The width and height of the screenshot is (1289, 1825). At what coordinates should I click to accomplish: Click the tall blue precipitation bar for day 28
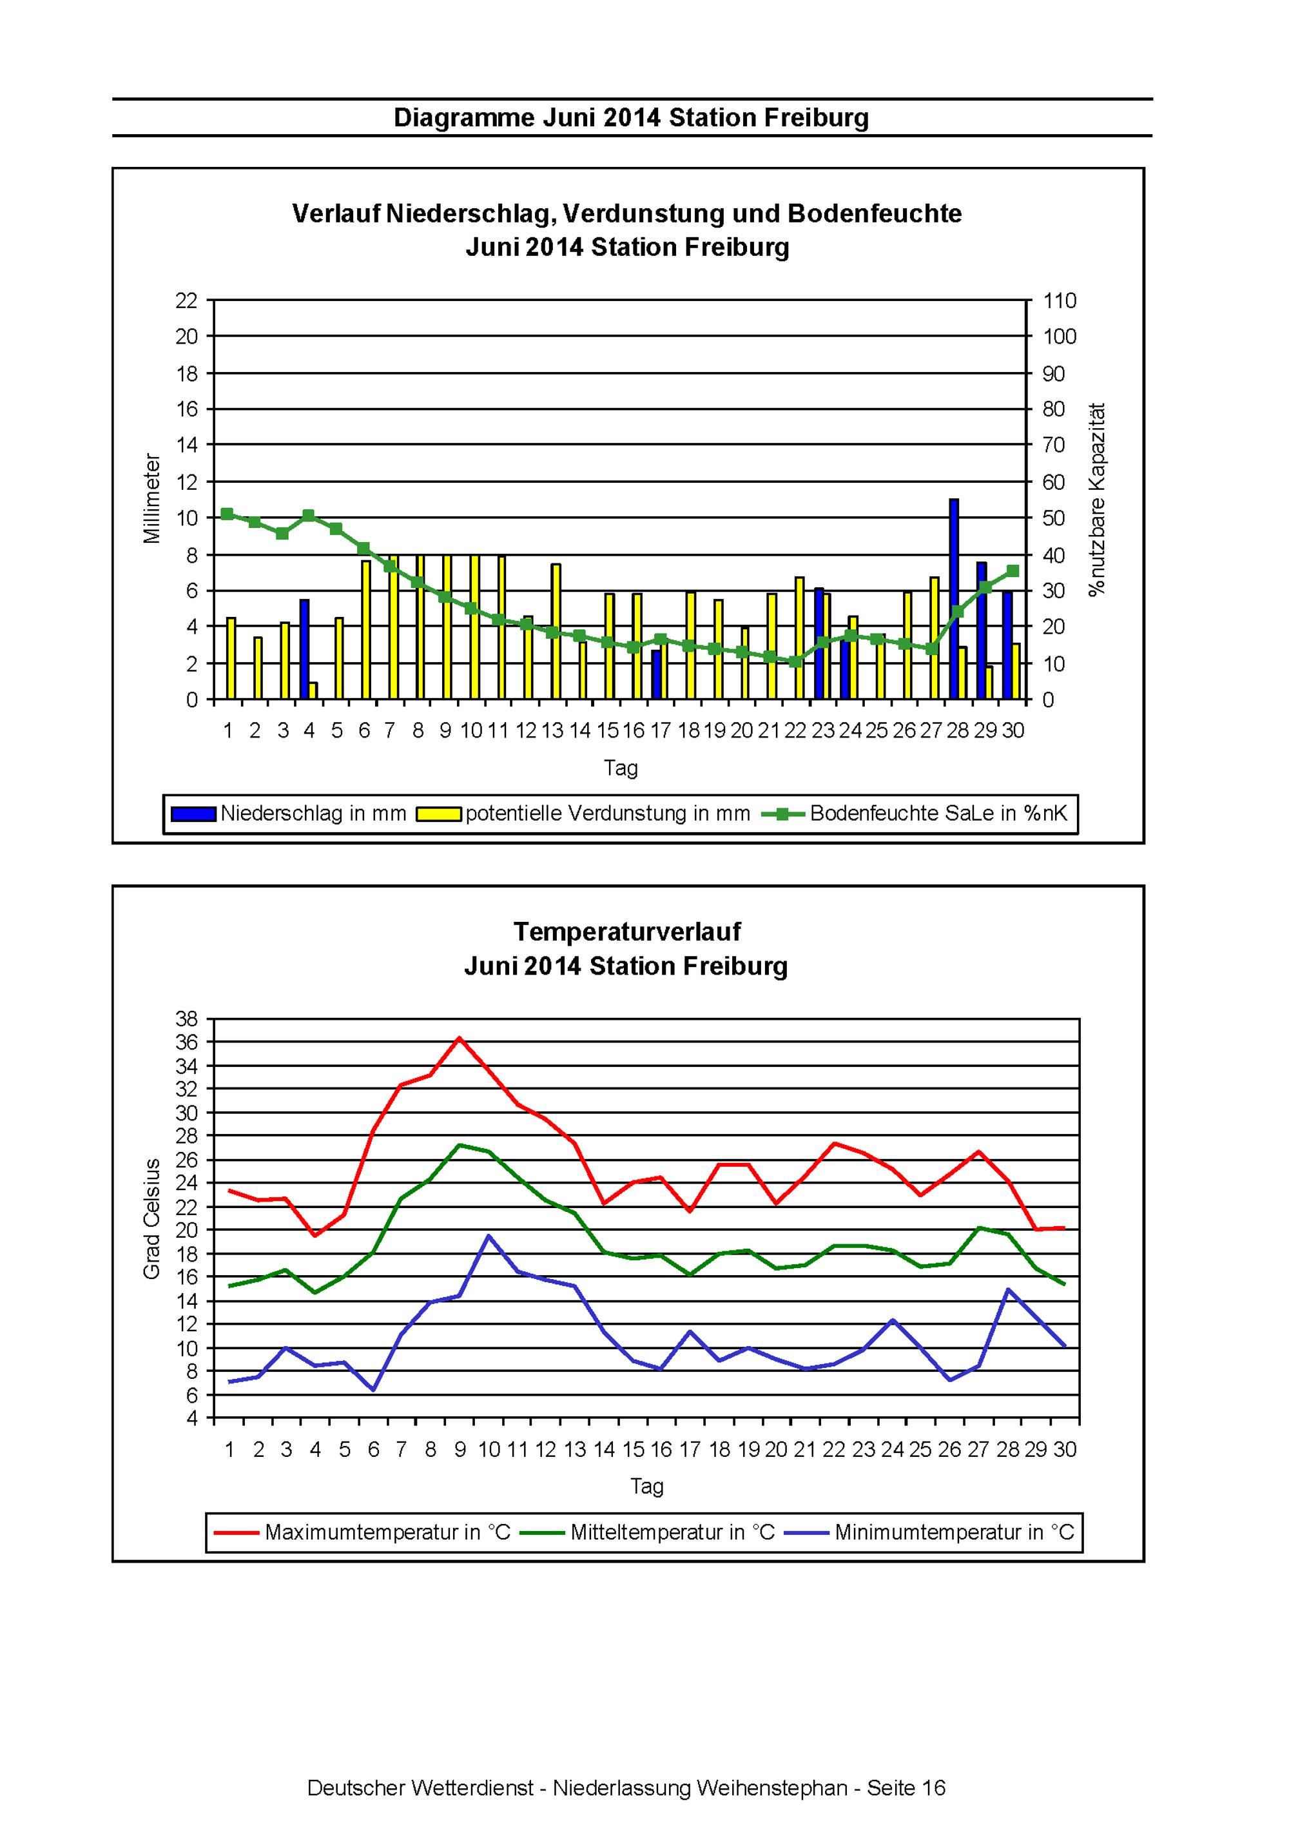tap(954, 600)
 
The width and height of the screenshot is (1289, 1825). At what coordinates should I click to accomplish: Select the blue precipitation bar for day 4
tap(304, 649)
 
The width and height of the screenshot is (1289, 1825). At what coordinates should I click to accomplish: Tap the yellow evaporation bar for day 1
tap(231, 658)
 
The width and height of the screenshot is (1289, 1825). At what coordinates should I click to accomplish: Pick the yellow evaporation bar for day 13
tap(556, 632)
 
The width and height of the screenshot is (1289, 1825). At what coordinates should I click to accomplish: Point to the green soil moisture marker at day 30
tap(1013, 571)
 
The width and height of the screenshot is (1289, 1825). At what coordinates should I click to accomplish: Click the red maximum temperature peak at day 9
tap(460, 1038)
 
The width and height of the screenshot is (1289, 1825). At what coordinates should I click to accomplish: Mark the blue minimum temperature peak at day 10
tap(488, 1235)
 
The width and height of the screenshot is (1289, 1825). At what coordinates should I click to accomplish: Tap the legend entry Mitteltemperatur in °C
tap(648, 1532)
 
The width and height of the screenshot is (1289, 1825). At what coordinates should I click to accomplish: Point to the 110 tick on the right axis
tap(1060, 300)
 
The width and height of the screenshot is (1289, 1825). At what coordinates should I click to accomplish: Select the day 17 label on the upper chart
tap(661, 730)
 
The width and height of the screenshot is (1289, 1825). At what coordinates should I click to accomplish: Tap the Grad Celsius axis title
tap(152, 1218)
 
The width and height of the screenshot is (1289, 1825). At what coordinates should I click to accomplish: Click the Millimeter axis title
tap(152, 498)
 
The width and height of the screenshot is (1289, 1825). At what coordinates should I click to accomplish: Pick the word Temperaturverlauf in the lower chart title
tap(627, 931)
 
